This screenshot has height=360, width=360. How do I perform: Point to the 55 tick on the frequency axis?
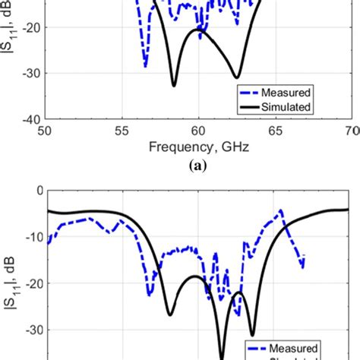point(122,131)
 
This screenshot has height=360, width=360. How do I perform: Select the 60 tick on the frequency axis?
point(198,131)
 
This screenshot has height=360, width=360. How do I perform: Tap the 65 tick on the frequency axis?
point(276,131)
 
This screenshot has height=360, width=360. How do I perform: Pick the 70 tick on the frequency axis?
point(351,131)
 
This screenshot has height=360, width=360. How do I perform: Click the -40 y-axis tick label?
point(30,120)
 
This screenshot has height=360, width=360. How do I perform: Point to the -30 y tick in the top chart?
point(30,74)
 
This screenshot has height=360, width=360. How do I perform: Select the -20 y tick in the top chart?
point(30,27)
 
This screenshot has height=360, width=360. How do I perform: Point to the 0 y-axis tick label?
point(35,190)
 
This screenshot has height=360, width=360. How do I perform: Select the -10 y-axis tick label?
point(30,236)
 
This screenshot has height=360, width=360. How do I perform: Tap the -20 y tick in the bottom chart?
point(30,283)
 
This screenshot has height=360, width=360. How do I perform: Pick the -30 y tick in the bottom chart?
point(30,330)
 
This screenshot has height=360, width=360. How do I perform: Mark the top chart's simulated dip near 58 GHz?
point(174,85)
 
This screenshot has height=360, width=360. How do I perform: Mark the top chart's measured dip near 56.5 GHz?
point(145,66)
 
